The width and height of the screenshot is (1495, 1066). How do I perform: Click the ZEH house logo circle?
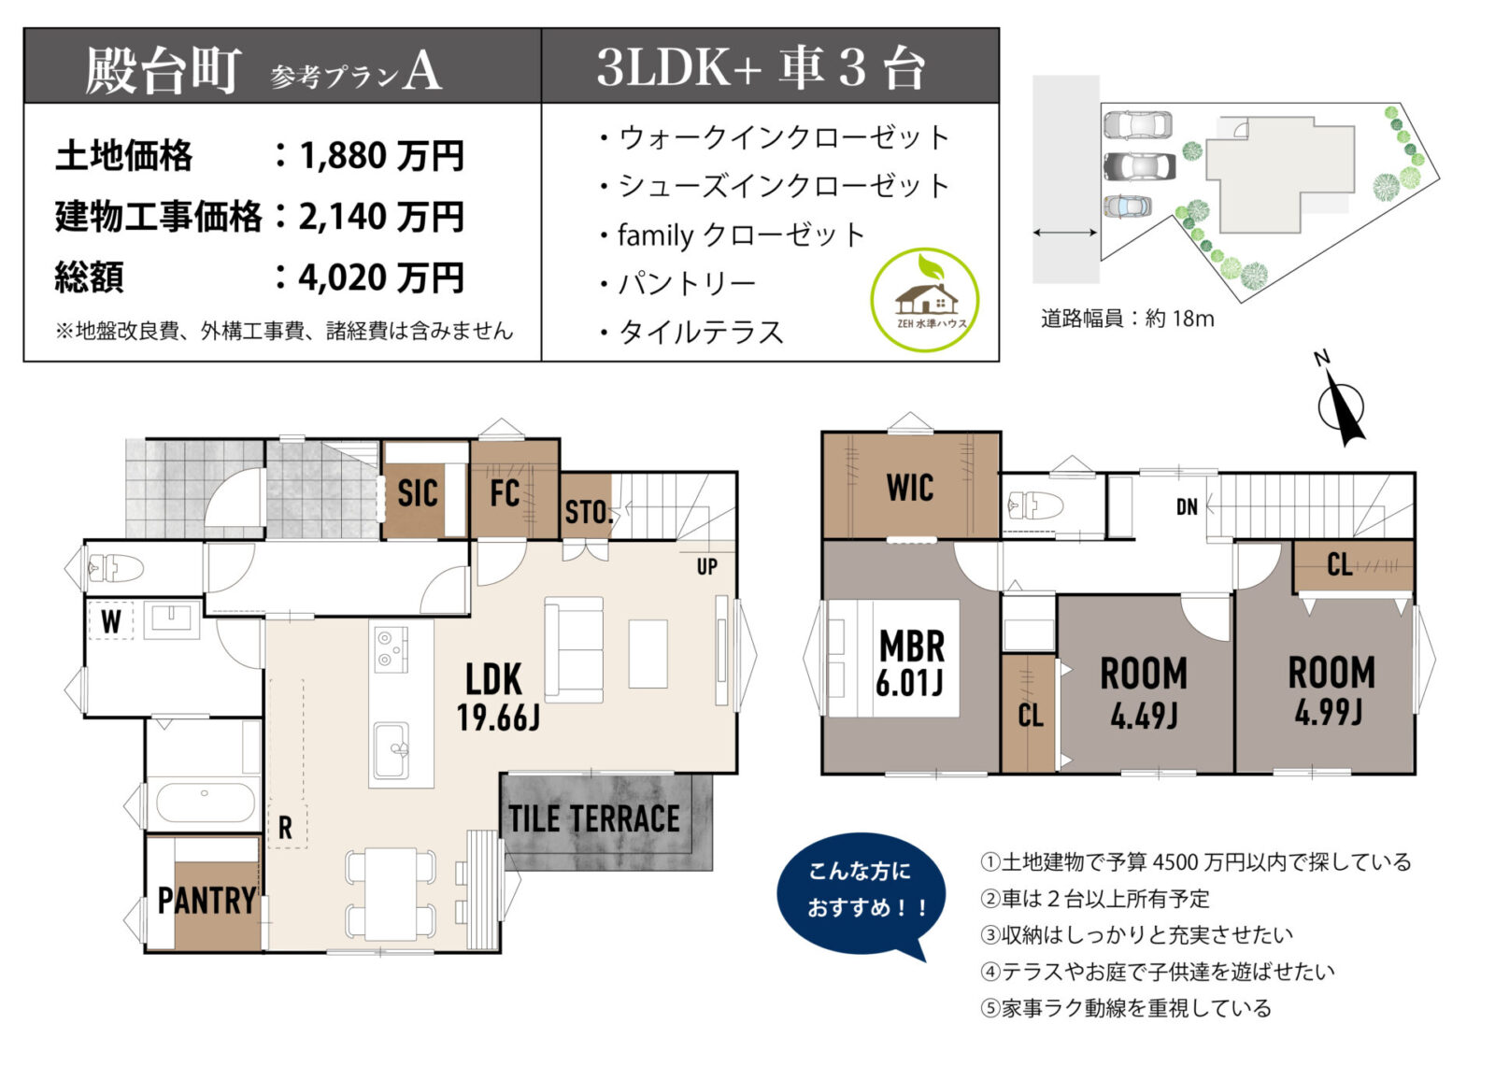point(924,300)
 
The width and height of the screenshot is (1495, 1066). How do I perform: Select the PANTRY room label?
point(206,901)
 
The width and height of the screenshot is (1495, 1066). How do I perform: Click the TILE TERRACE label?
point(594,819)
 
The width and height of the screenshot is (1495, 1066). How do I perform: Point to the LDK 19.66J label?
point(496,697)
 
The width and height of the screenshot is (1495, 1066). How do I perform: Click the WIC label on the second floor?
point(909,488)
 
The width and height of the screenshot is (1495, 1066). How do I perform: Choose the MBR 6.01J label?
point(911,663)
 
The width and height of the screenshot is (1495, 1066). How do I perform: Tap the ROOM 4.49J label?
point(1144,692)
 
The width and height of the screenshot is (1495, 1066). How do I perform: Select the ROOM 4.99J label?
point(1331,690)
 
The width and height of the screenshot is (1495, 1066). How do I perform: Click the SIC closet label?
point(417,493)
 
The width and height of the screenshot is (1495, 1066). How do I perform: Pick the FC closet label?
point(505,493)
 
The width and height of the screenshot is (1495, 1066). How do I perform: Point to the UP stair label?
point(706,566)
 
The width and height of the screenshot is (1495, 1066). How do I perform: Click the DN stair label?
point(1187,507)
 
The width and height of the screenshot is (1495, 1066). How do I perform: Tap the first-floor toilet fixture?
point(115,568)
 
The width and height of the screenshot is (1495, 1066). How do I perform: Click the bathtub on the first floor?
point(205,803)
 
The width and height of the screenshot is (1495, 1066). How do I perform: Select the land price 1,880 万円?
point(381,156)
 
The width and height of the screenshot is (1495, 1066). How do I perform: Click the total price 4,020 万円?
point(381,277)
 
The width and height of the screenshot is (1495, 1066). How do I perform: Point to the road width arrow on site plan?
point(1065,233)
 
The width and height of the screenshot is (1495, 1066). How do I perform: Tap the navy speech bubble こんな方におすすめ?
point(861,889)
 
